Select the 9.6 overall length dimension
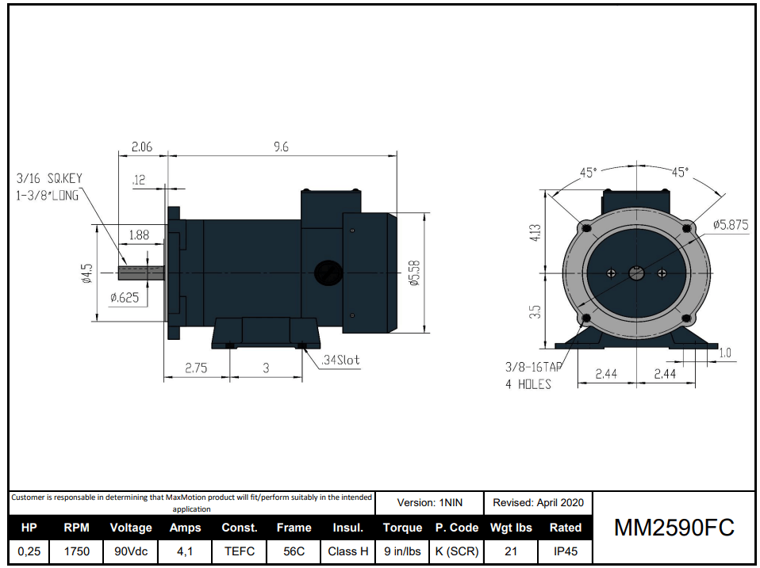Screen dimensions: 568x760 pos(281,147)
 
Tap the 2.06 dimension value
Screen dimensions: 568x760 pos(141,147)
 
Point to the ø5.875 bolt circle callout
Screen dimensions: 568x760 pos(730,225)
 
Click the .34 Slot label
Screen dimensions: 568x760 pos(340,360)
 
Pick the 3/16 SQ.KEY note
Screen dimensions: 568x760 pos(48,179)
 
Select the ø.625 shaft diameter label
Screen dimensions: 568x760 pos(125,297)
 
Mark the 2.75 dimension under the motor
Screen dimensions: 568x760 pos(195,368)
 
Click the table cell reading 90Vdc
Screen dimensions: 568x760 pos(130,551)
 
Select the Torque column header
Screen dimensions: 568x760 pos(402,528)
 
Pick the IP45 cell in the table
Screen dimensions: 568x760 pos(565,551)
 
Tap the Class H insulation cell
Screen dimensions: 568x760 pos(347,551)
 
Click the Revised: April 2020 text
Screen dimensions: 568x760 pos(538,502)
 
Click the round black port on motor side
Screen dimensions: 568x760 pos(326,272)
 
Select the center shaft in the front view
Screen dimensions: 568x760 pos(636,273)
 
